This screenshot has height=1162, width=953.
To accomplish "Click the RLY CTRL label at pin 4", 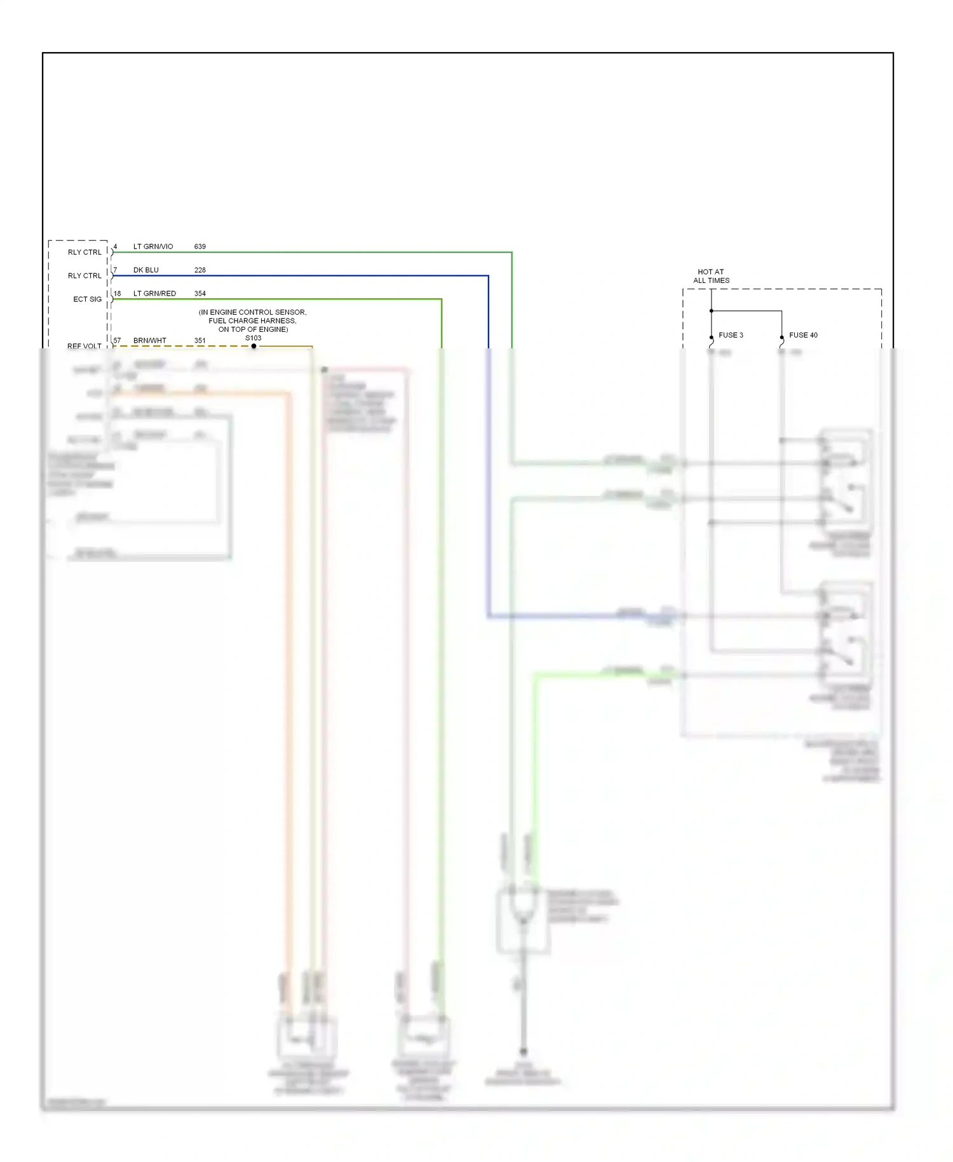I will pyautogui.click(x=84, y=252).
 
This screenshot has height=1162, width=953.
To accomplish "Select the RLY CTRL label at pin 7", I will pyautogui.click(x=84, y=276).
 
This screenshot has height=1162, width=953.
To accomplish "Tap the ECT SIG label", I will pyautogui.click(x=87, y=299).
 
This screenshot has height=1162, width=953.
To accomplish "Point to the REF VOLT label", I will pyautogui.click(x=84, y=346).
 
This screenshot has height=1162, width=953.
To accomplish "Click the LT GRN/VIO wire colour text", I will pyautogui.click(x=153, y=247).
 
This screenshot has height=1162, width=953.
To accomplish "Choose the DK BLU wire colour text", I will pyautogui.click(x=146, y=270).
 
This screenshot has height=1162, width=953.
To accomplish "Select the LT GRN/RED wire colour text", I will pyautogui.click(x=154, y=294).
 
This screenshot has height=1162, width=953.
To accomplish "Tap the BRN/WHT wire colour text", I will pyautogui.click(x=150, y=341).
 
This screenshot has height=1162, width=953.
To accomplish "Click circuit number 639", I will pyautogui.click(x=200, y=247).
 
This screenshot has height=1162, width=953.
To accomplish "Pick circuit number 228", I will pyautogui.click(x=200, y=270).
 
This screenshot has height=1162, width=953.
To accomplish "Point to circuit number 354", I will pyautogui.click(x=200, y=294).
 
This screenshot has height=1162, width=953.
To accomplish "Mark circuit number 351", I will pyautogui.click(x=200, y=341).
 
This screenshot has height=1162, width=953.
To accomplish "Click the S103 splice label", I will pyautogui.click(x=253, y=338).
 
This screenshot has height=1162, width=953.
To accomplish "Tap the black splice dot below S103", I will pyautogui.click(x=253, y=346).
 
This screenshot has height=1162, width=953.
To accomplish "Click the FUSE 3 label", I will pyautogui.click(x=731, y=335).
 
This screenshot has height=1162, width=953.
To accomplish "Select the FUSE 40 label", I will pyautogui.click(x=803, y=335).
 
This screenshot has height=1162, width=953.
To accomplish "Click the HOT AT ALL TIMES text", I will pyautogui.click(x=711, y=276).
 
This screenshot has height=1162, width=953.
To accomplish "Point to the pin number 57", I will pyautogui.click(x=117, y=341).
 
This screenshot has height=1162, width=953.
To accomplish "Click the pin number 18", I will pyautogui.click(x=117, y=294).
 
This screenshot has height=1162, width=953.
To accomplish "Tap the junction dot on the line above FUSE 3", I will pyautogui.click(x=712, y=311).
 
